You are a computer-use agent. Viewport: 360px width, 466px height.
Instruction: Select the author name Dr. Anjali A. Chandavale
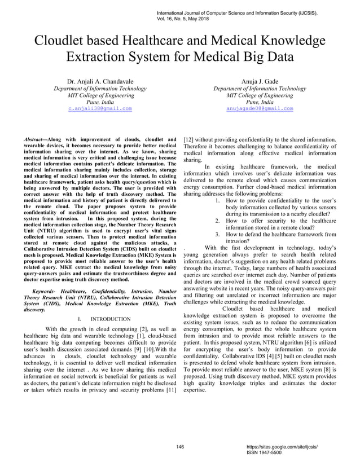100,81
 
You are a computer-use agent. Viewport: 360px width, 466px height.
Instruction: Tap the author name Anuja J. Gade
260,81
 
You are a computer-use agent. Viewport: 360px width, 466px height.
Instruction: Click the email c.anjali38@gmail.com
100,108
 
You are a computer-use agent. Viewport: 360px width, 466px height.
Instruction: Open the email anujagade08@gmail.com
260,108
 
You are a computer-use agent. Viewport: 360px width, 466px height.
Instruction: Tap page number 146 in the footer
180,446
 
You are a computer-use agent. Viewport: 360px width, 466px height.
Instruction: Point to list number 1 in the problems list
218,200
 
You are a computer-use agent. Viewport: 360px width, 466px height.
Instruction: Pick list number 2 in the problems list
218,221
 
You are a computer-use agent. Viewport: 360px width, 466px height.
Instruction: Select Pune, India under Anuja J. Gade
260,102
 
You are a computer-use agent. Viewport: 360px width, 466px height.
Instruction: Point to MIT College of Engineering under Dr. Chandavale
100,95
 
